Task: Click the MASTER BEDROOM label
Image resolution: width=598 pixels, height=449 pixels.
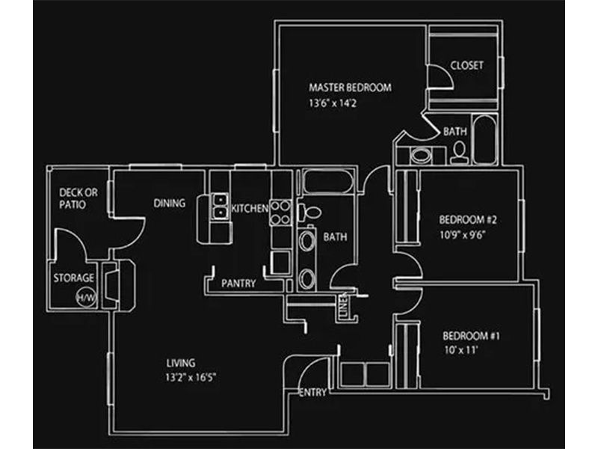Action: point(350,88)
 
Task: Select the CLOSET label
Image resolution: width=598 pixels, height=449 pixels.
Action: point(466,66)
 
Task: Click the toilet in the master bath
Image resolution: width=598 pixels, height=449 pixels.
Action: point(459,153)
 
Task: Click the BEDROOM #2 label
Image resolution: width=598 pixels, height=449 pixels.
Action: point(468,221)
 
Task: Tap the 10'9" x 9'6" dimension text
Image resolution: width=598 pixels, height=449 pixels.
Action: point(467,234)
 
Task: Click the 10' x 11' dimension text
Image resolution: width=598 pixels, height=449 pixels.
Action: point(460,349)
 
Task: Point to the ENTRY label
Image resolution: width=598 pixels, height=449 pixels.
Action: point(312,392)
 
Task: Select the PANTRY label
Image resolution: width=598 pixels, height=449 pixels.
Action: point(238,284)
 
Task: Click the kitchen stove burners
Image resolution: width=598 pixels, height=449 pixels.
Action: point(280,212)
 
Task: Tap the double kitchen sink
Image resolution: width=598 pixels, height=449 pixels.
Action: point(220,207)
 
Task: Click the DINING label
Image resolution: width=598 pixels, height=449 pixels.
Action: point(170,203)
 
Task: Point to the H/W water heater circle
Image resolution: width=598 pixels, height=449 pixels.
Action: point(84,298)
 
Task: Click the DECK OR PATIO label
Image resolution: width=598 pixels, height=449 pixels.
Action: point(78,198)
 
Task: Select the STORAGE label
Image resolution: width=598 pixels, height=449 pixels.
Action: point(73,278)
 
